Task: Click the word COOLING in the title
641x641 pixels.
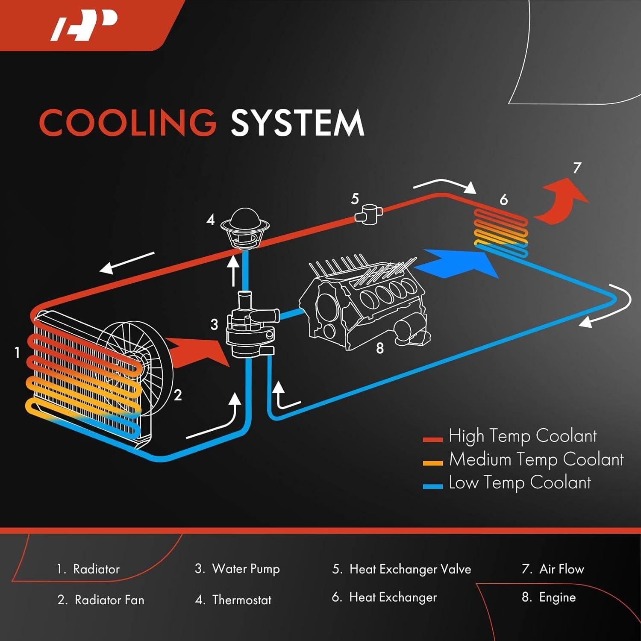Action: pos(128,123)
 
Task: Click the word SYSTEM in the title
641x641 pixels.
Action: pos(297,123)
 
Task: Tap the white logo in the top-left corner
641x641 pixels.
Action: pos(84,26)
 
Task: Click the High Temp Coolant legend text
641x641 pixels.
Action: pos(522,436)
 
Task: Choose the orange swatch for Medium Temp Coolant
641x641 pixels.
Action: pos(432,463)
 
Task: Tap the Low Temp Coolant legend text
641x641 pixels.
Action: pos(520,483)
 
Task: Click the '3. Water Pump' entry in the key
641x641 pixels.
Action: pos(238,569)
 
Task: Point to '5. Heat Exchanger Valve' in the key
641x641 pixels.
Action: pos(402,569)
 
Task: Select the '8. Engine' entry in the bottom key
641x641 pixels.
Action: pos(549,597)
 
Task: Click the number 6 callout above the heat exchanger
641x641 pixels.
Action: pos(504,200)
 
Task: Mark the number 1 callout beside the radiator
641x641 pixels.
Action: pos(17,353)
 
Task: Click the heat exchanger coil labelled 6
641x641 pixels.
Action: pos(501,233)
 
